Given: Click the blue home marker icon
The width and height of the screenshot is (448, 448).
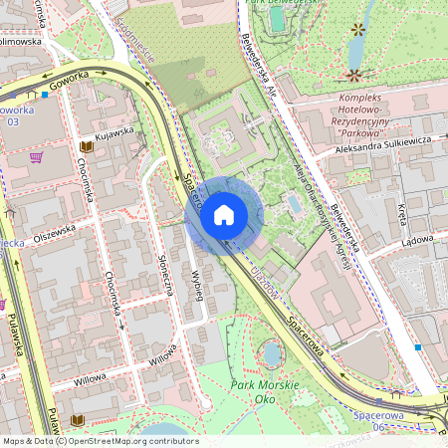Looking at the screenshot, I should pyautogui.click(x=224, y=214).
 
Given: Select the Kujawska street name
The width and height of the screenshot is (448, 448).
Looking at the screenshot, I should pyautogui.click(x=113, y=131).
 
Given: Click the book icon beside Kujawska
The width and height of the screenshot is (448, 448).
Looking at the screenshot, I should pyautogui.click(x=86, y=146).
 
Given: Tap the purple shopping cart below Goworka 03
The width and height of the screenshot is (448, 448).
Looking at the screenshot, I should pyautogui.click(x=36, y=157).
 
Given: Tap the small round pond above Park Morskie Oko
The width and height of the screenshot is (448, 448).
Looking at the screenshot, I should pyautogui.click(x=272, y=353).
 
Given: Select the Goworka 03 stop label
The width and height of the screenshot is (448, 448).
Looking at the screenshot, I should pyautogui.click(x=14, y=114).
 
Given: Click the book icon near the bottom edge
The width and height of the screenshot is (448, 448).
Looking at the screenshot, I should pyautogui.click(x=79, y=421).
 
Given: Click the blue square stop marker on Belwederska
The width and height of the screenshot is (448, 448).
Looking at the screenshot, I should pyautogui.click(x=418, y=347).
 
